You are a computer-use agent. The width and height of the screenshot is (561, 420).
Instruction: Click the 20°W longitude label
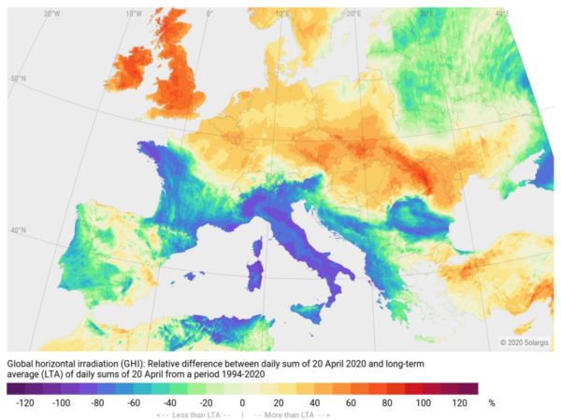[x=52, y=14]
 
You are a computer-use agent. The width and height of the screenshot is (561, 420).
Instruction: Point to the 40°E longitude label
[x=502, y=14]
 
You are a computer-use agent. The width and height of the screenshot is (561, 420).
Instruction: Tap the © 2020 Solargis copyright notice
[x=527, y=343]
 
